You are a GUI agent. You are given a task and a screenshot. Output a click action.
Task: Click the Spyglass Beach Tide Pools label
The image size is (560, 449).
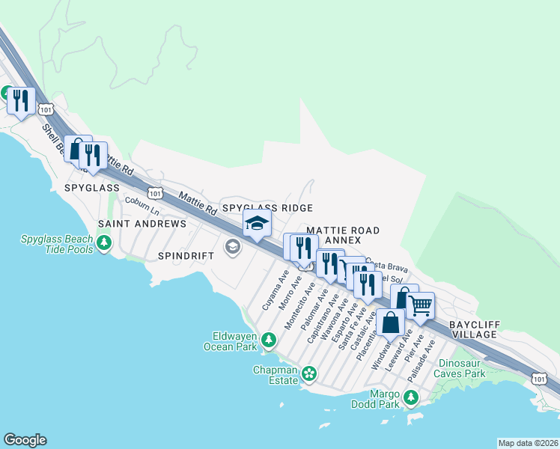(57, 244)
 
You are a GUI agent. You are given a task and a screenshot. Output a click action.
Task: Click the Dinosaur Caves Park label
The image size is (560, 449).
(463, 367)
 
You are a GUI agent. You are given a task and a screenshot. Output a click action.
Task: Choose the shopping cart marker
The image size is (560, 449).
(420, 305)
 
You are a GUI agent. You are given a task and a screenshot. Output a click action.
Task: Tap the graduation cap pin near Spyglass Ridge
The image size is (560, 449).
(257, 223)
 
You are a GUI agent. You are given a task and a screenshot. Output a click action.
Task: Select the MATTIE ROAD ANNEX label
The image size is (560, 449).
(343, 235)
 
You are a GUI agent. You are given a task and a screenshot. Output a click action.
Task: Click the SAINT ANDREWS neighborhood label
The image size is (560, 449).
(142, 224)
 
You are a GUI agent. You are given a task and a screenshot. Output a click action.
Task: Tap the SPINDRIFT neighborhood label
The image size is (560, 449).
(186, 255)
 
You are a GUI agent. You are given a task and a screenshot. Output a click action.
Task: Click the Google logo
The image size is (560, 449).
(25, 440)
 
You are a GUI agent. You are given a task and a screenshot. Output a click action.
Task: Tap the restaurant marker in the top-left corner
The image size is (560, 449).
(20, 100)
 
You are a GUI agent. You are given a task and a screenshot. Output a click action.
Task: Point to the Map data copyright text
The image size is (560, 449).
(528, 443)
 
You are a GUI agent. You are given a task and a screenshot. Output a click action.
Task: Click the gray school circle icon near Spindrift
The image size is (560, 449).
(233, 246)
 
